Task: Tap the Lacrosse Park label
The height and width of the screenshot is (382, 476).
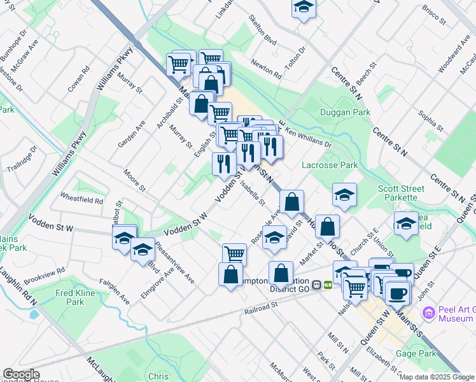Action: click(330, 165)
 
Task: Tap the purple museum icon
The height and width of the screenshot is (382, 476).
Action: click(428, 313)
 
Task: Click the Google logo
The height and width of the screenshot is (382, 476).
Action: click(21, 374)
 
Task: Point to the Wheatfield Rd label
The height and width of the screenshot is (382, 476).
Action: click(81, 200)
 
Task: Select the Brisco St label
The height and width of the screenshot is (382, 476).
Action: click(433, 17)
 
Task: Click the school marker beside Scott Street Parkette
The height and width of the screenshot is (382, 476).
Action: click(344, 195)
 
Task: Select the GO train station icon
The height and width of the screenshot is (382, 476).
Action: click(328, 285)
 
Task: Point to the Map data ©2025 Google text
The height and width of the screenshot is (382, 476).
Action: click(437, 377)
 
